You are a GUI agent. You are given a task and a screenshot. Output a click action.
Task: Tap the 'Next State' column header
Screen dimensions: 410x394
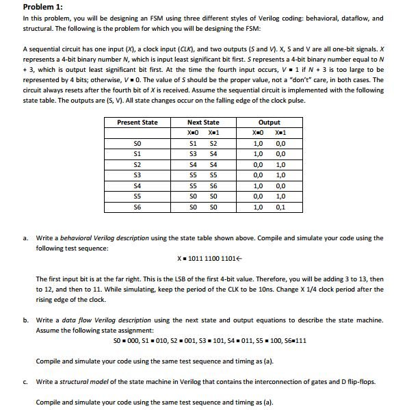point(203,123)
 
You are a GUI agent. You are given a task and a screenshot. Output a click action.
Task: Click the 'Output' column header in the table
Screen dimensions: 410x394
point(269,123)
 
